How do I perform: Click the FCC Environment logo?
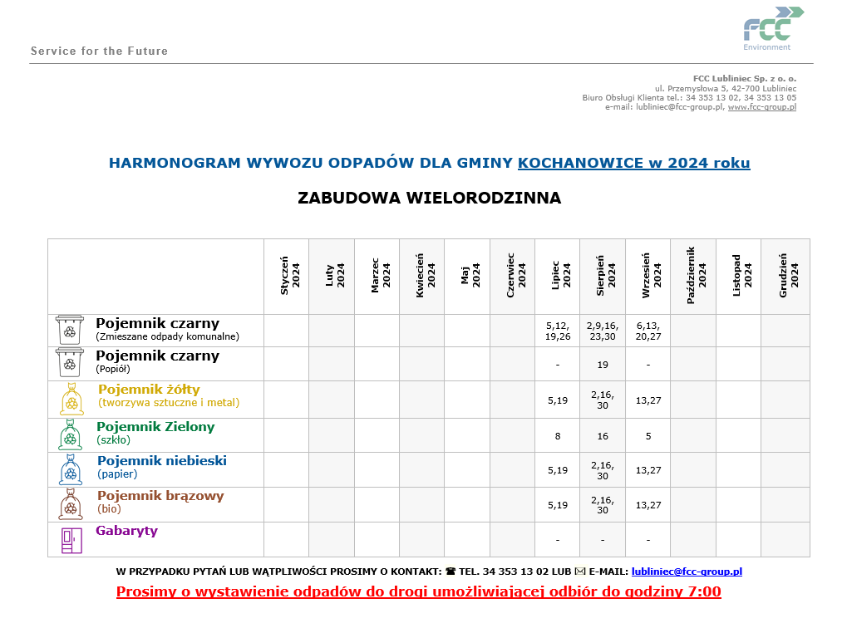pos(772,27)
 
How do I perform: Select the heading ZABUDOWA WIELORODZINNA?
pos(429,198)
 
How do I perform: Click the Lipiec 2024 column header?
pos(558,276)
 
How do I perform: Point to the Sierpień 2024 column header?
pos(603,276)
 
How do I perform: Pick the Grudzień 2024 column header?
pos(785,276)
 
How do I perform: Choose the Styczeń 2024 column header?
pos(287,276)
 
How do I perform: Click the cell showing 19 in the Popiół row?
pos(603,364)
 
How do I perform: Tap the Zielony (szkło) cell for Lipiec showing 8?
pos(558,435)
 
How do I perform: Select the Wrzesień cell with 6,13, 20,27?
pos(648,331)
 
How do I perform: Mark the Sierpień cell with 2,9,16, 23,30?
pos(603,331)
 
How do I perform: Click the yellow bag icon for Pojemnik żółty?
pos(71,399)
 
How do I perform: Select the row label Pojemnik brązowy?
pos(160,496)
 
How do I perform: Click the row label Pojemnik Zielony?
pos(155,427)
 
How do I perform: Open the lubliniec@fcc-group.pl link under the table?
pos(687,572)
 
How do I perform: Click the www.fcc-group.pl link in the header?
pos(761,107)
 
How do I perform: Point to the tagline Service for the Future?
pos(99,52)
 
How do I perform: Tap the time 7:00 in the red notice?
pos(705,592)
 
